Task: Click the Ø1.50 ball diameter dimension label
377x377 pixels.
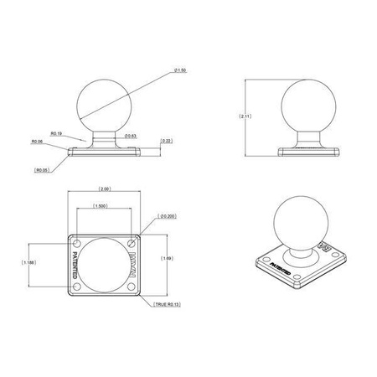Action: (179, 70)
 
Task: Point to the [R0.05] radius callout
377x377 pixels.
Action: (41, 170)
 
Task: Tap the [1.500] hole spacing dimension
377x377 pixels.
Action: (101, 206)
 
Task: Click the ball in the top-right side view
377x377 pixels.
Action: (302, 105)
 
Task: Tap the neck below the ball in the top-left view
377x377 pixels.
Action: (106, 136)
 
